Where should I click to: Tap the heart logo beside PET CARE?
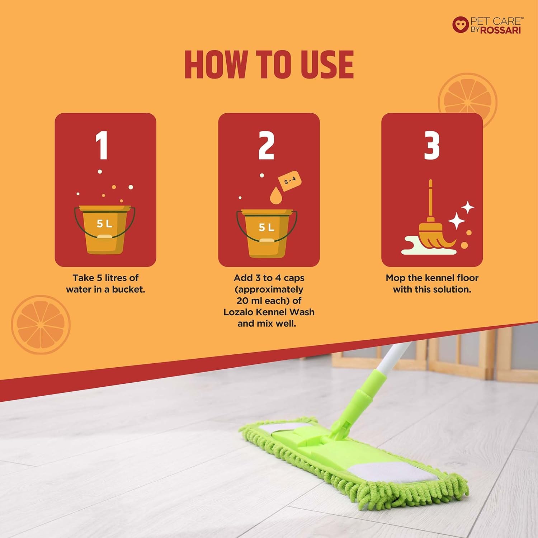pyautogui.click(x=461, y=25)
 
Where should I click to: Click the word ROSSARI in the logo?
pyautogui.click(x=500, y=30)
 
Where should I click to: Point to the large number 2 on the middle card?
pyautogui.click(x=266, y=145)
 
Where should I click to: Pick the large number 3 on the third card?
pyautogui.click(x=432, y=145)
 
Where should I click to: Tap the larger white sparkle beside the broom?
pyautogui.click(x=457, y=221)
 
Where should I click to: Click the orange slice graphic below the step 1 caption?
pyautogui.click(x=41, y=325)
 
